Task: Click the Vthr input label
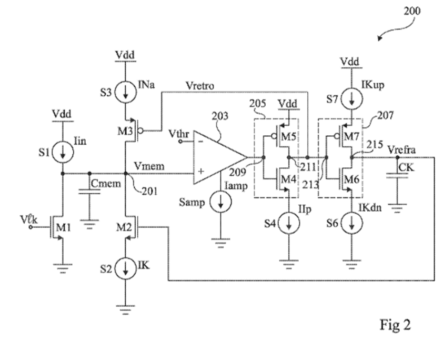[177, 136]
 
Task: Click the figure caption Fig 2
[395, 326]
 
